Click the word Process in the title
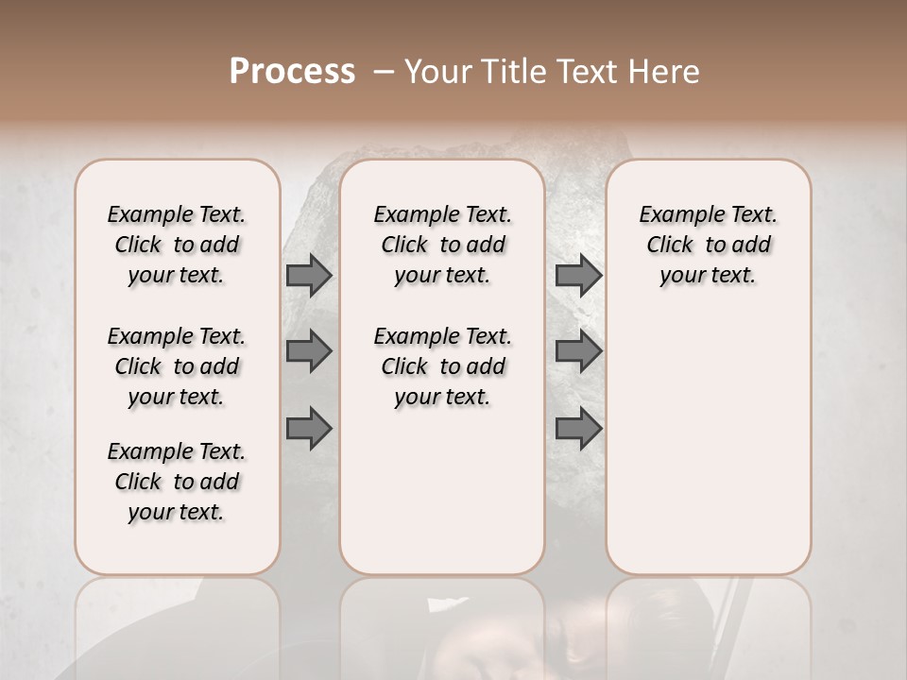coord(292,72)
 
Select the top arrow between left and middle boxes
coord(308,275)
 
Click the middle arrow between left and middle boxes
coord(308,351)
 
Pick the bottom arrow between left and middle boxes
coord(308,429)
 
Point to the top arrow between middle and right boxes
coord(578,275)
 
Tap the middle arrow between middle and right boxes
coord(578,351)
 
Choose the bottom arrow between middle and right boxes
coord(578,429)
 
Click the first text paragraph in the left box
coord(177,245)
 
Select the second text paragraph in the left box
coord(177,366)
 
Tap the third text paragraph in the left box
coord(177,482)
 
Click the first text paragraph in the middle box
coord(443,245)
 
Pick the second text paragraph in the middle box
coord(443,366)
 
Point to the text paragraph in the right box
coord(709,245)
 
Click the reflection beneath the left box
coord(178,623)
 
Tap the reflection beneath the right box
coord(709,623)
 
